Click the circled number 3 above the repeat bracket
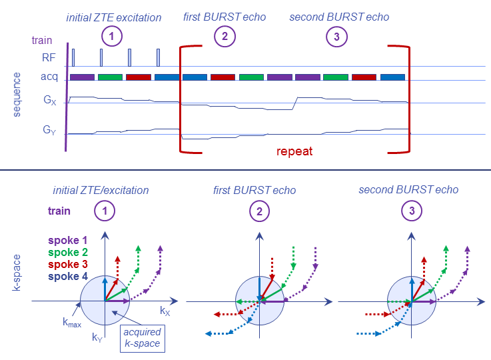336,38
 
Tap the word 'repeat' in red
294,151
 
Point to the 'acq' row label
48,77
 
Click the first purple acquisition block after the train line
82,77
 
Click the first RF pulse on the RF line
73,57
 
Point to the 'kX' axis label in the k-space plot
165,311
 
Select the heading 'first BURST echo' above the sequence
225,16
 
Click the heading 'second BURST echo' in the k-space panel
408,189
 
